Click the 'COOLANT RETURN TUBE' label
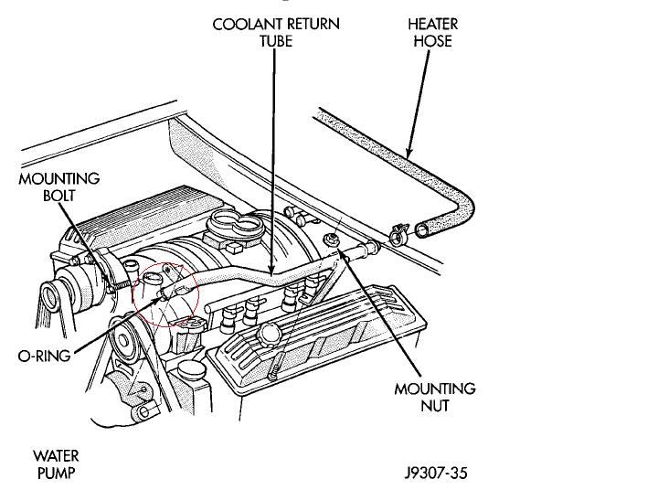pos(275,33)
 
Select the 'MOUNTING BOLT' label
pos(59,187)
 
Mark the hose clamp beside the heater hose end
pos(396,235)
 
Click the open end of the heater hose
pos(422,229)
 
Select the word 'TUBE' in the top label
pos(275,41)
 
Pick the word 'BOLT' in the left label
pos(59,196)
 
